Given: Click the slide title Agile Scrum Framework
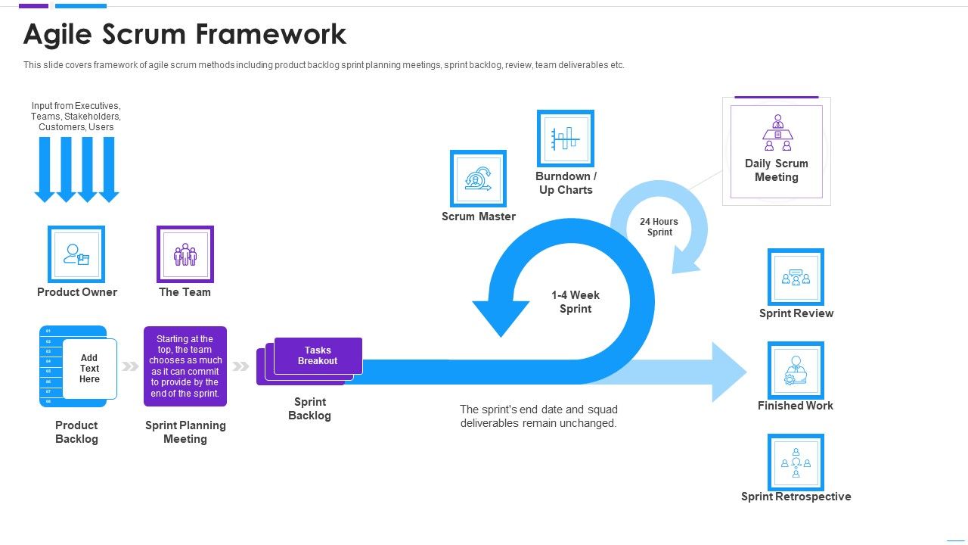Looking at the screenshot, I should coord(185,34).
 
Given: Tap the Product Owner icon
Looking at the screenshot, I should coord(76,254).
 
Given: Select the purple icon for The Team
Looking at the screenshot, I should coord(185,254).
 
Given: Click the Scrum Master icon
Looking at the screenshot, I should coord(478,179).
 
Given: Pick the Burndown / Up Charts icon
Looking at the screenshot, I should coord(566,139).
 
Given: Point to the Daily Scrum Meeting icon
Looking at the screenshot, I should coord(777,134).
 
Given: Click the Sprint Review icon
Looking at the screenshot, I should coord(796,277).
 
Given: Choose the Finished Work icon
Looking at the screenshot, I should coord(796,369).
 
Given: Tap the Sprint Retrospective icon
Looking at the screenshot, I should coord(796,462).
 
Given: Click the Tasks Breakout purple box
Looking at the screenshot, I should coord(318,356).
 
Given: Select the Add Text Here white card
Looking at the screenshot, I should coord(89,369).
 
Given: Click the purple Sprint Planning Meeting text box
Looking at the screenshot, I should coord(185,366).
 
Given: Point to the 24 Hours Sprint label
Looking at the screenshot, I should coord(659,227).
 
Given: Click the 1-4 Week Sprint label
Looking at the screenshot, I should coord(576,302).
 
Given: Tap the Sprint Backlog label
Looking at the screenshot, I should coord(309,409).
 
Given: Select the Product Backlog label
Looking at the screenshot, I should coord(76,432).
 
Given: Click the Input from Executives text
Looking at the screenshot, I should coord(76,117).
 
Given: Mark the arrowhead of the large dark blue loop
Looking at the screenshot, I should coord(500,317).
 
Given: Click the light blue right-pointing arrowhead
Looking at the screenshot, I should coord(728,372).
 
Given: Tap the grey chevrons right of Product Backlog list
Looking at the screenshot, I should coord(131,366).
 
